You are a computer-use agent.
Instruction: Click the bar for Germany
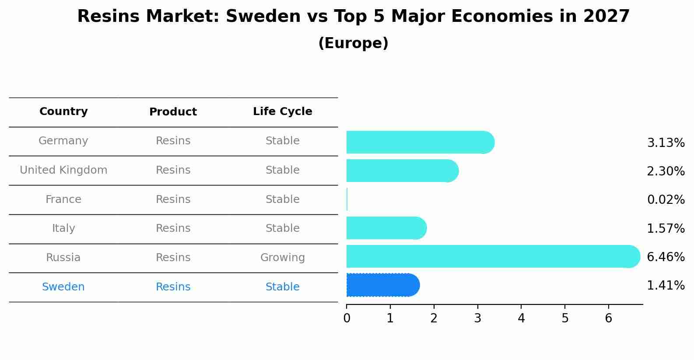(x=421, y=142)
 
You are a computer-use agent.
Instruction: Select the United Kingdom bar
(x=403, y=171)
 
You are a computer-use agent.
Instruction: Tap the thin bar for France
(x=347, y=199)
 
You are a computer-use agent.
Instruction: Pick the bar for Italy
(x=386, y=228)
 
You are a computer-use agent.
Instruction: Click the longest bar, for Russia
(x=493, y=256)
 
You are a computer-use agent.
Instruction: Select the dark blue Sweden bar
(x=383, y=285)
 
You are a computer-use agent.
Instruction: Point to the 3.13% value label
(x=666, y=143)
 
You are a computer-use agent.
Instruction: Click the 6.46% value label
(x=666, y=257)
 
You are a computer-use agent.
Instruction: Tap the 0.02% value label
(x=666, y=199)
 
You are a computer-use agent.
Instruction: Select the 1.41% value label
(x=666, y=285)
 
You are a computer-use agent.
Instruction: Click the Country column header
(x=63, y=111)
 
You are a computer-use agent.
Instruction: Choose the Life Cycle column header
(x=283, y=111)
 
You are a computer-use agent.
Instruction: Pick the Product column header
(x=173, y=112)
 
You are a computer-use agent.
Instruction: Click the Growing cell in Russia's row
(x=283, y=258)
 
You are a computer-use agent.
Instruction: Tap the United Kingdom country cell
(x=63, y=170)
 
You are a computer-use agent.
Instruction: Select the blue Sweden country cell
(x=63, y=287)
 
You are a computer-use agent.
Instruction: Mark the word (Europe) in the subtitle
(x=353, y=43)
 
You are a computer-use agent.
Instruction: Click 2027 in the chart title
(x=606, y=16)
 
